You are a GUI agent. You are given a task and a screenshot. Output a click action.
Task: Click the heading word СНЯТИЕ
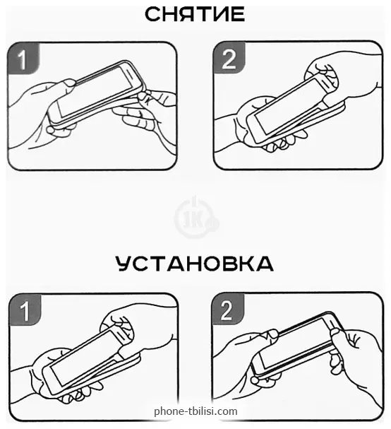195,14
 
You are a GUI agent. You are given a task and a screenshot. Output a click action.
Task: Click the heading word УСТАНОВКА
195,264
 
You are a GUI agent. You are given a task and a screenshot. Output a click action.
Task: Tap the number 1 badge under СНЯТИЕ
23,58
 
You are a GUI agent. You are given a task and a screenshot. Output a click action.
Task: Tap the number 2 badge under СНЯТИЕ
229,58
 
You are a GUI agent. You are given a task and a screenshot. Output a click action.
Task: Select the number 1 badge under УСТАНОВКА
25,310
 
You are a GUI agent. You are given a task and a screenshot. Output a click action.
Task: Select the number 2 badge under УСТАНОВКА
228,309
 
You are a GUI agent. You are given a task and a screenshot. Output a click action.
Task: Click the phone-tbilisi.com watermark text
195,411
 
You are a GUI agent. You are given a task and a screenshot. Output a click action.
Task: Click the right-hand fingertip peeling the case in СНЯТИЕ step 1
143,96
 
